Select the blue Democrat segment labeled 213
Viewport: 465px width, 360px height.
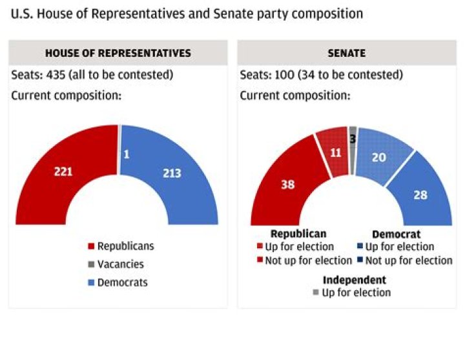tap(172, 173)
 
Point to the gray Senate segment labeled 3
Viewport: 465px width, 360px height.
tap(353, 139)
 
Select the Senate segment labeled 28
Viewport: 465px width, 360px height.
tap(420, 194)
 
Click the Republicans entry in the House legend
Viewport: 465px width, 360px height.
tap(125, 246)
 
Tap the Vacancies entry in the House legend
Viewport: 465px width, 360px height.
tap(120, 264)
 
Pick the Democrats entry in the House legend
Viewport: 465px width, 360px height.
tap(122, 282)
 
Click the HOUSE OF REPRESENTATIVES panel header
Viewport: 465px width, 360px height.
tap(118, 53)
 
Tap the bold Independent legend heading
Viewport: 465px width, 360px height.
tap(355, 280)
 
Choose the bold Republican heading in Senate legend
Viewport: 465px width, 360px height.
tap(298, 234)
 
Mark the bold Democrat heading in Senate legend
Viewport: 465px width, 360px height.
tap(397, 234)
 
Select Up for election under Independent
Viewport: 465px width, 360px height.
tap(356, 292)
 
